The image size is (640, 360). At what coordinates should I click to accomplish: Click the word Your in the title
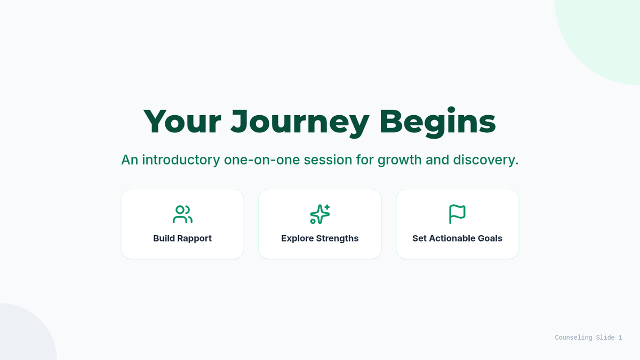click(182, 122)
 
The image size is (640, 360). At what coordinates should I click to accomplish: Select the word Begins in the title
click(437, 122)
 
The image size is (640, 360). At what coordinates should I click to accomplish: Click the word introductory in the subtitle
click(181, 159)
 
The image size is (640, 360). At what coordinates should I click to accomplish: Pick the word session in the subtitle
click(327, 160)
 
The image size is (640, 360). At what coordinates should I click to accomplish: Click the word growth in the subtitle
click(399, 161)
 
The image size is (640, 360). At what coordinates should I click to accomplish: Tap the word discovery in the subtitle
click(486, 161)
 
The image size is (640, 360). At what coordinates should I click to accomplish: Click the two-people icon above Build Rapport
click(182, 214)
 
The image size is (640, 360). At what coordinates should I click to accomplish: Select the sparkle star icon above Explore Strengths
click(320, 214)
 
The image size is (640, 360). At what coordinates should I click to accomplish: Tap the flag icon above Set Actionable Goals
click(457, 214)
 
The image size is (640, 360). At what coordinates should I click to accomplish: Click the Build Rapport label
click(182, 238)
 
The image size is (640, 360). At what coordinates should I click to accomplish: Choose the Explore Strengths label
click(319, 238)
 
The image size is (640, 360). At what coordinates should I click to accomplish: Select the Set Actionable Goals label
click(457, 238)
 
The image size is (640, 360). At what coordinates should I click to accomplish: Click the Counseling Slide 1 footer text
click(588, 338)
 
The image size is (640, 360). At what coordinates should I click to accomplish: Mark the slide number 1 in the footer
click(620, 338)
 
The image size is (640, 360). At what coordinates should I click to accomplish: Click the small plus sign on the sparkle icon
click(327, 207)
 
